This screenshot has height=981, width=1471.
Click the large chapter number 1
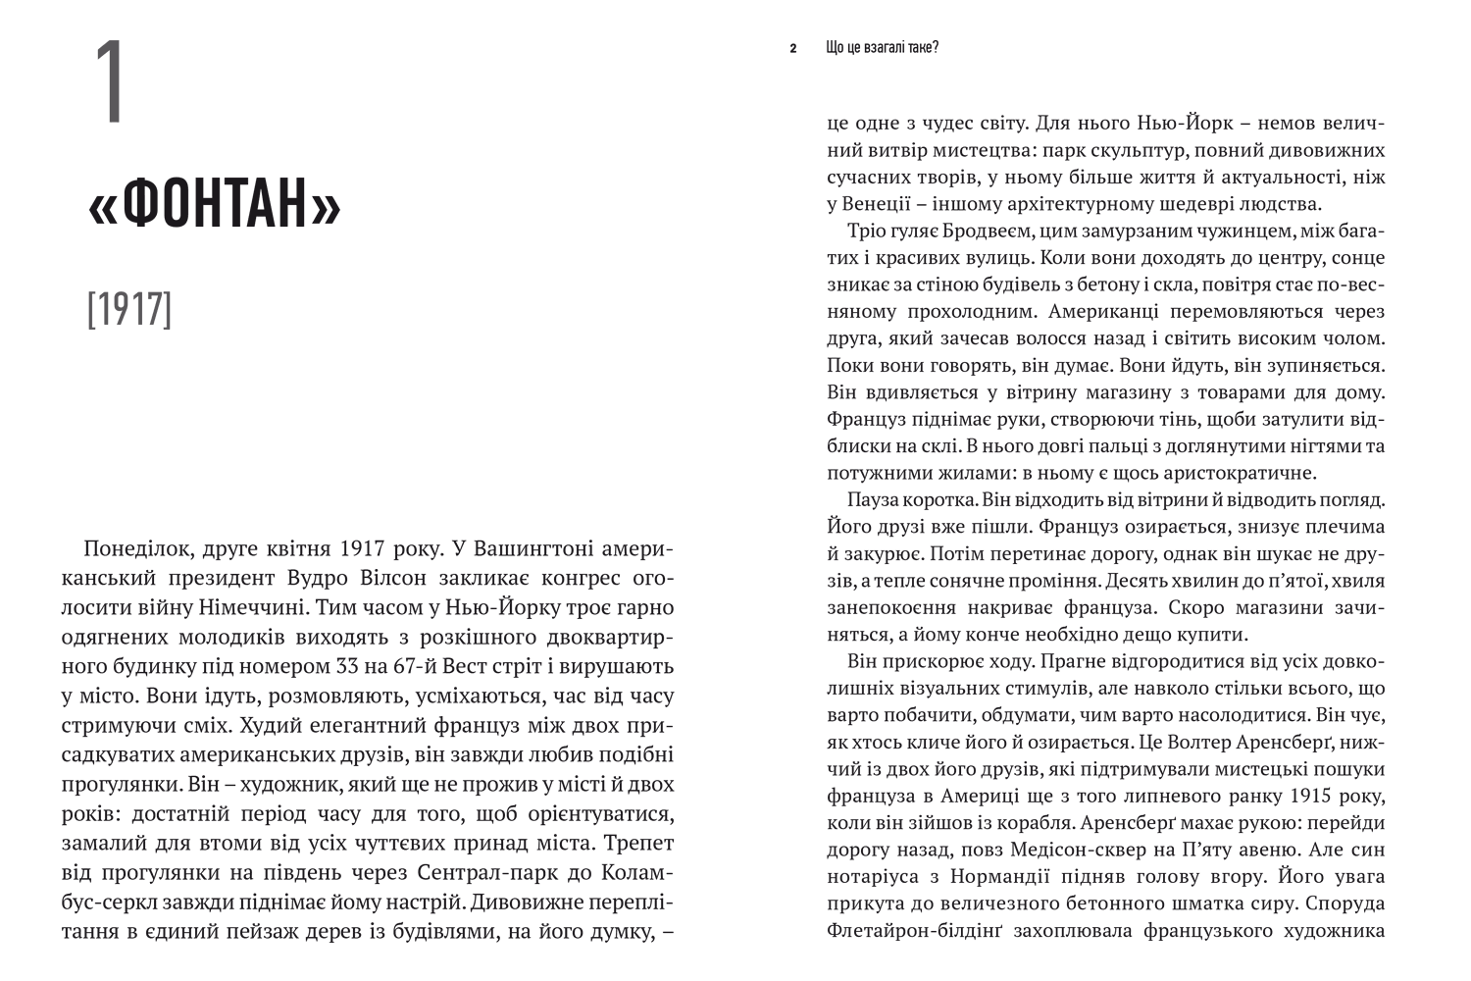coord(109,83)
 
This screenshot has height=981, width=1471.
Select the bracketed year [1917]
coord(128,309)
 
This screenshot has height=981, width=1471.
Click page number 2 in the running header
coord(792,47)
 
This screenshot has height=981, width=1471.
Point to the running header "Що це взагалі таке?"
coord(882,47)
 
